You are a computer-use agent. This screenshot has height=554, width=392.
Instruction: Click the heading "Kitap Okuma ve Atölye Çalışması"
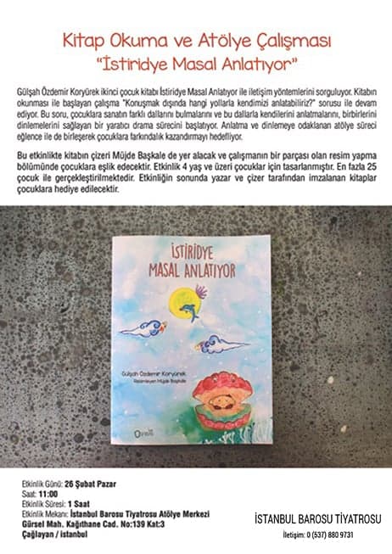click(x=197, y=40)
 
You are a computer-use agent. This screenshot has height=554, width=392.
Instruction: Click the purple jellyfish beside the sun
click(x=200, y=293)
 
